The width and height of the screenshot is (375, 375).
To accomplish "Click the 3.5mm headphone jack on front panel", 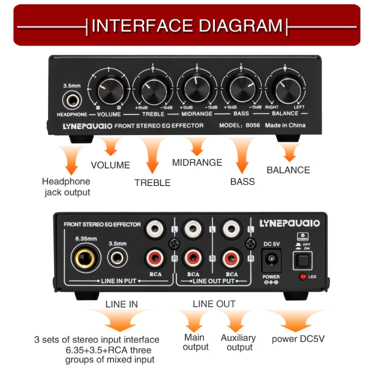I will [x=71, y=100].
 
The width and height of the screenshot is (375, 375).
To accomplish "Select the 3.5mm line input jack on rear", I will [x=117, y=259].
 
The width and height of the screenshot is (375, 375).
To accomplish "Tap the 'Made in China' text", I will [x=285, y=125].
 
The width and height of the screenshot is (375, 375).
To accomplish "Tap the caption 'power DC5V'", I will [x=298, y=339].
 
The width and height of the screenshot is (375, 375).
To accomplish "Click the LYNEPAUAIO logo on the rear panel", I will [x=289, y=223].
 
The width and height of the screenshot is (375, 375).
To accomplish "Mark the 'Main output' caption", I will [x=196, y=342].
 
